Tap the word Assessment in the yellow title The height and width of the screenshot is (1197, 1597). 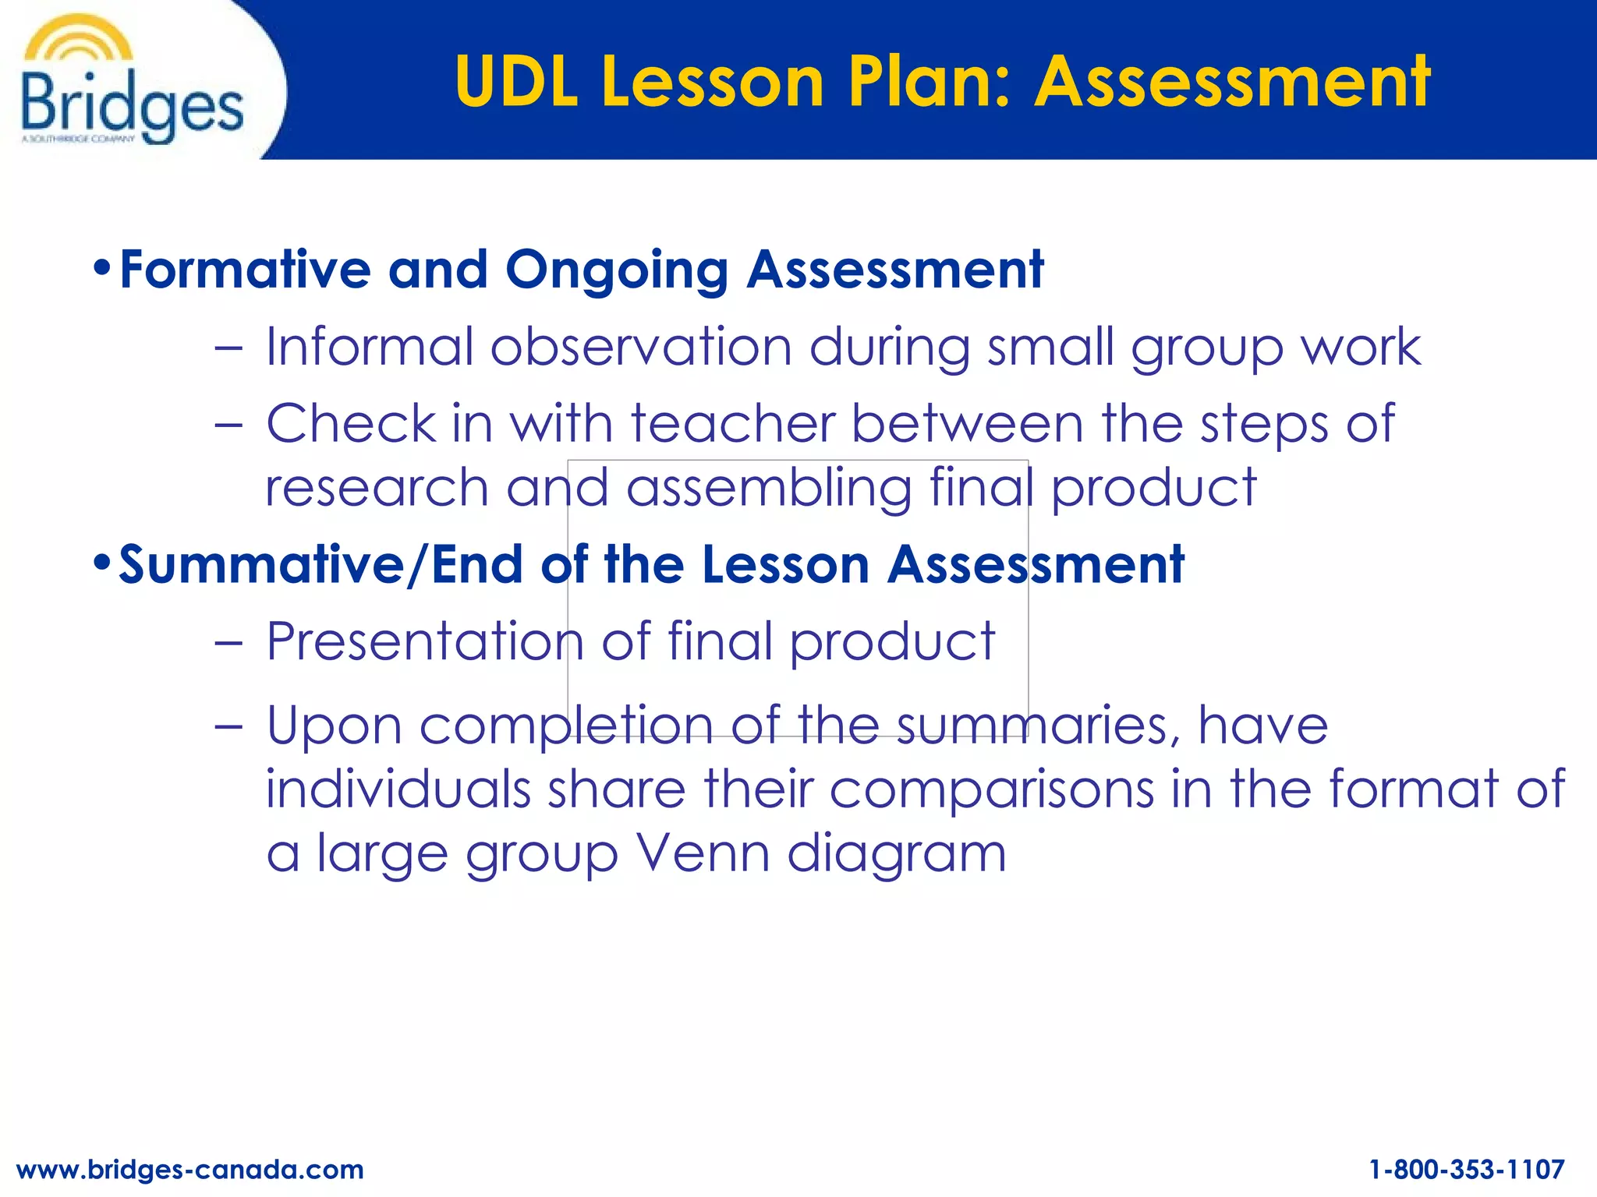(x=1232, y=81)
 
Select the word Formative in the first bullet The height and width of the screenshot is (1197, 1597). (x=245, y=270)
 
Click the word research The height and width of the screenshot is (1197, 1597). (x=377, y=488)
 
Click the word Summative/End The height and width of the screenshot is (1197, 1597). (x=320, y=564)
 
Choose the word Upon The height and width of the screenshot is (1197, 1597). (x=335, y=726)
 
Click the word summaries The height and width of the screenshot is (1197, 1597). (x=1038, y=725)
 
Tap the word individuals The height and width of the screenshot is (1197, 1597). (x=398, y=789)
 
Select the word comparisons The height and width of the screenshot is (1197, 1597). (x=991, y=790)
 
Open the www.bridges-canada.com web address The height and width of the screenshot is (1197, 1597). (x=189, y=1169)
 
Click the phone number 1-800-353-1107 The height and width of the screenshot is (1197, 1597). (x=1467, y=1169)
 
